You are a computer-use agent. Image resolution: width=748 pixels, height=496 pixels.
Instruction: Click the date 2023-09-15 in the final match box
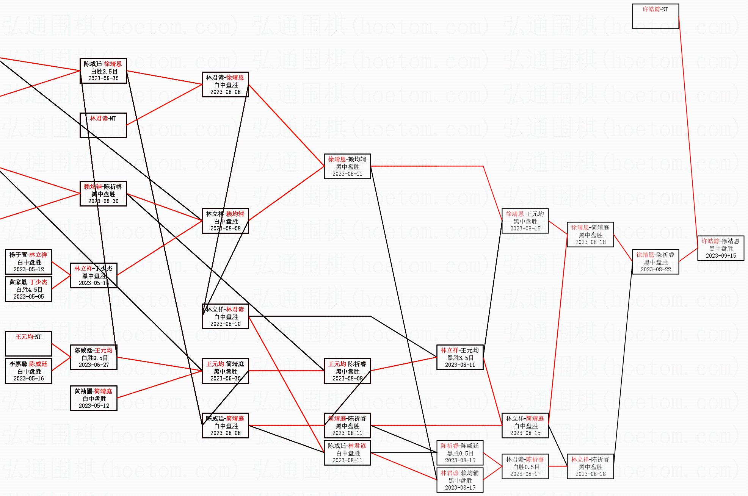[x=721, y=255]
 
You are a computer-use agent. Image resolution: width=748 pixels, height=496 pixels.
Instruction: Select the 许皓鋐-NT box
[x=655, y=16]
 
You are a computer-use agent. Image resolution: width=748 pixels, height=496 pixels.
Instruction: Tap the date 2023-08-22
[x=655, y=269]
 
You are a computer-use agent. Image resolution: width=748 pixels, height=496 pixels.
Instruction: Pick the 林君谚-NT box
[x=103, y=125]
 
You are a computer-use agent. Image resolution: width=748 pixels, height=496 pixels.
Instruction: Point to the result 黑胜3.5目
[x=460, y=358]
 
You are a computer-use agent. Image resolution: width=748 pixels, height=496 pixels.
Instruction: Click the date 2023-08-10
[x=225, y=324]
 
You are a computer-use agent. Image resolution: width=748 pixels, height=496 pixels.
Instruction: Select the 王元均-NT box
[x=28, y=343]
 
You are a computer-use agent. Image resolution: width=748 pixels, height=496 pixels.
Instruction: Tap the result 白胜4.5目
[x=29, y=289]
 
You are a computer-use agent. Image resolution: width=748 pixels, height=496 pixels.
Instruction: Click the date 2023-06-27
[x=94, y=365]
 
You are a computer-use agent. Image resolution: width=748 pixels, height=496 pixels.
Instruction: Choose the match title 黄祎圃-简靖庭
[x=93, y=391]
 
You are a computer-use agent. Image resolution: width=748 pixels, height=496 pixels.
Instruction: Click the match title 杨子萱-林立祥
[x=28, y=255]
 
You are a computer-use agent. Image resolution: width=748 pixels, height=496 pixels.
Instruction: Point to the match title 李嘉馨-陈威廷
[x=28, y=364]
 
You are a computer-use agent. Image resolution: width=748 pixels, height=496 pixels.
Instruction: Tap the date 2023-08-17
[x=525, y=474]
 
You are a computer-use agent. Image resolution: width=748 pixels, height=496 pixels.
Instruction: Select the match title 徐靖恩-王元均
[x=525, y=214]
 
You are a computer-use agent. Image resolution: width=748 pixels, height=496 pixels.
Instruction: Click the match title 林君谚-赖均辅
[x=459, y=473]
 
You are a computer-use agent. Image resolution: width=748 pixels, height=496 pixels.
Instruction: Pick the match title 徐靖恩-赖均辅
[x=347, y=159]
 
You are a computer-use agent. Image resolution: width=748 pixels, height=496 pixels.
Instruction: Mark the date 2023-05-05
[x=29, y=296]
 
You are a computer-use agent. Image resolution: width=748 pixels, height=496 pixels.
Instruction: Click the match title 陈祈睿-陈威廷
[x=459, y=446]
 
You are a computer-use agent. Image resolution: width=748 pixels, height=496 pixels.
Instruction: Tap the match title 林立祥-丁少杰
[x=93, y=268]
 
